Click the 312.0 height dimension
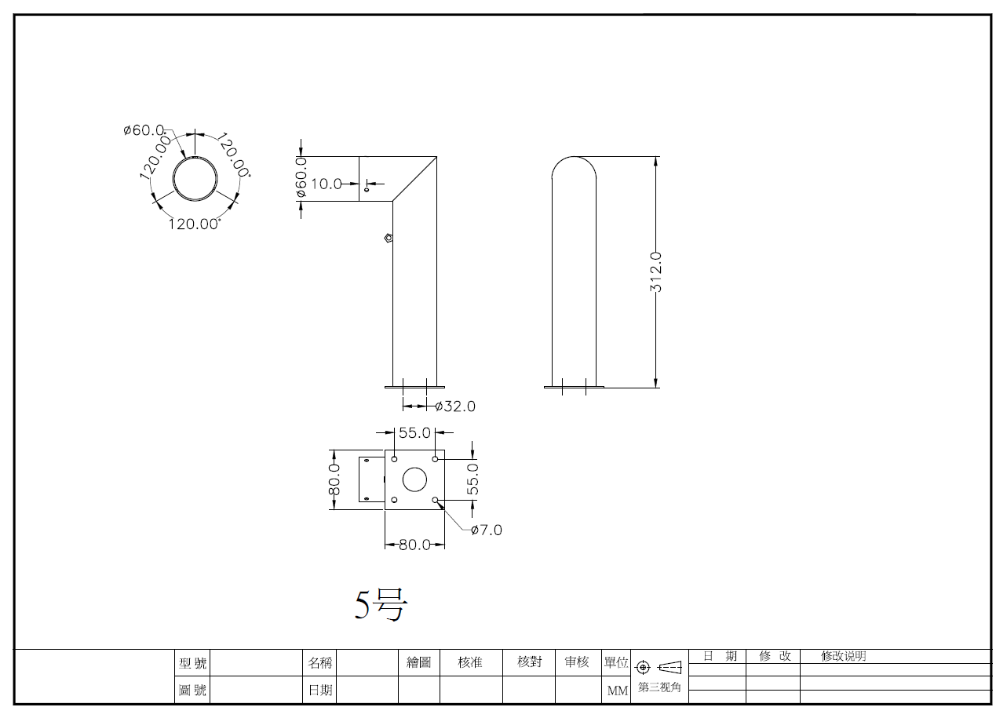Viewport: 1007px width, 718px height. (656, 272)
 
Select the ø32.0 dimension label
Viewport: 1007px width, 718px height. (455, 406)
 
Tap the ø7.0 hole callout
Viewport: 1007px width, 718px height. (486, 530)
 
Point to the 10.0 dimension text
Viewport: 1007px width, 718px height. (327, 184)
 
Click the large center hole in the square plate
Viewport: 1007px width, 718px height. (414, 479)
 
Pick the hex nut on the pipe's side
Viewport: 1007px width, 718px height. (389, 238)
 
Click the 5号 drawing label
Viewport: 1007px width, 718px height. (381, 604)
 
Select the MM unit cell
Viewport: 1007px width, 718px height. (617, 691)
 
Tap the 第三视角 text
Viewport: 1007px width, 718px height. (659, 687)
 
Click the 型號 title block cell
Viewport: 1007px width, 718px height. (192, 663)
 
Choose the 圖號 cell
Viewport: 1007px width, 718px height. (192, 690)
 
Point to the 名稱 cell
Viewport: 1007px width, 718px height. (319, 663)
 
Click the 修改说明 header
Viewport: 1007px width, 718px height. (844, 656)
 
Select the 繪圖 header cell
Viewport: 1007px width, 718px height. (418, 662)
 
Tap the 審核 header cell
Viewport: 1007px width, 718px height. (577, 662)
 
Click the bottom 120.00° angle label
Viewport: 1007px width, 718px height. (194, 224)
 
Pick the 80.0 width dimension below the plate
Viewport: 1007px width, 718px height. (414, 545)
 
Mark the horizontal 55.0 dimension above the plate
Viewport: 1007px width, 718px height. (414, 432)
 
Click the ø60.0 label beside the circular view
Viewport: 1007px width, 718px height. (144, 130)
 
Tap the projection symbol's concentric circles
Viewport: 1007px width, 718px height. (644, 667)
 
